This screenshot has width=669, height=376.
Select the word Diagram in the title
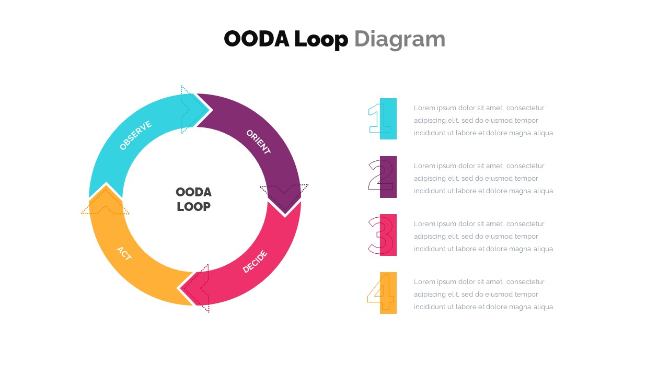point(399,39)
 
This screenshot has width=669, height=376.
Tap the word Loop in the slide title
point(320,39)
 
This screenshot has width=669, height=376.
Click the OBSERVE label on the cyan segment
point(135,135)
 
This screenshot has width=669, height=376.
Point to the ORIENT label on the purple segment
point(258,142)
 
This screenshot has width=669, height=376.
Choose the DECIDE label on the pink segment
point(255,262)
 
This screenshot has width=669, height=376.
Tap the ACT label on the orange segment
point(124,253)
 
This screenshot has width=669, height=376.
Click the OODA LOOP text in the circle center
point(193,199)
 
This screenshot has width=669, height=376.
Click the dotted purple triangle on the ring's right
point(285,190)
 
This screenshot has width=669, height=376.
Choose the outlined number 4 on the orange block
point(380,292)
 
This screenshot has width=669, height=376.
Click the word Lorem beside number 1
point(424,108)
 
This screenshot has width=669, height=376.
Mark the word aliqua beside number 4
point(543,307)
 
